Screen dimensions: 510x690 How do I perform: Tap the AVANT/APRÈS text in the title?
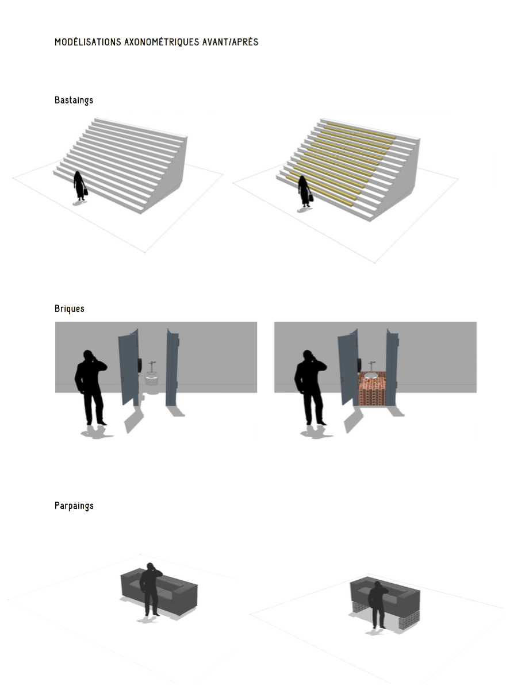pyautogui.click(x=231, y=42)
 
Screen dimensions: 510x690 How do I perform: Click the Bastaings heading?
pyautogui.click(x=74, y=100)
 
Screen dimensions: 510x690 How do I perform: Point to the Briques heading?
pyautogui.click(x=70, y=309)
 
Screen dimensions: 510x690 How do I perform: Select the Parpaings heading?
pyautogui.click(x=74, y=506)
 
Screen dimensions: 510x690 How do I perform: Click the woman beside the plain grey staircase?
pyautogui.click(x=80, y=186)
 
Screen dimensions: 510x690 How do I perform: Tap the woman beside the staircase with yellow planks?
pyautogui.click(x=305, y=191)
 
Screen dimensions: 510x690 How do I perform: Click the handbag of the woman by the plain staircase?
pyautogui.click(x=86, y=191)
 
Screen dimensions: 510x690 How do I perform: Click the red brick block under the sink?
pyautogui.click(x=372, y=389)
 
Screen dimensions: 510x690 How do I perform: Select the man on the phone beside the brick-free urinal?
pyautogui.click(x=91, y=388)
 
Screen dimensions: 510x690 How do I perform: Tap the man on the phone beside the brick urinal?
pyautogui.click(x=310, y=388)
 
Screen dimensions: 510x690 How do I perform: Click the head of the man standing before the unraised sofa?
pyautogui.click(x=150, y=566)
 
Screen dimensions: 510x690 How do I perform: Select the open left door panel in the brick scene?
pyautogui.click(x=348, y=368)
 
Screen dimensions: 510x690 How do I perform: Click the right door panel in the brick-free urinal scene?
pyautogui.click(x=172, y=368)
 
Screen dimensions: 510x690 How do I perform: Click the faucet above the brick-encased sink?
pyautogui.click(x=371, y=366)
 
